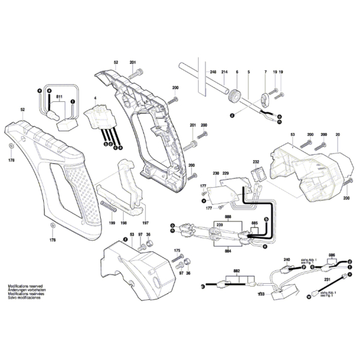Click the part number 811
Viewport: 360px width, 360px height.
(59, 97)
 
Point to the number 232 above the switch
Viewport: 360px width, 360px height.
(255, 162)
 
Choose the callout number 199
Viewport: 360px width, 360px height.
(111, 223)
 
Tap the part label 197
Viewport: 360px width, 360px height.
(145, 223)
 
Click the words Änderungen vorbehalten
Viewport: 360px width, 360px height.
(25, 290)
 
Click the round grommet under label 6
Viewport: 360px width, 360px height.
(236, 94)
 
